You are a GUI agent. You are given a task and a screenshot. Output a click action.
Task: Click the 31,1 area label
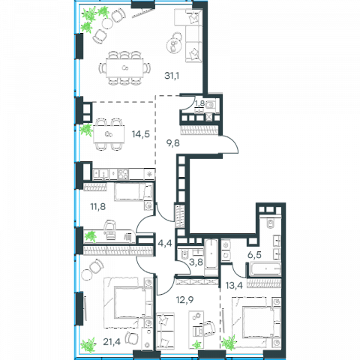pyautogui.click(x=172, y=76)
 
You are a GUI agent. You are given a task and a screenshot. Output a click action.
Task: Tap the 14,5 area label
pyautogui.click(x=141, y=134)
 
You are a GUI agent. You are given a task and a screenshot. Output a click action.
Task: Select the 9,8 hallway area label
pyautogui.click(x=173, y=143)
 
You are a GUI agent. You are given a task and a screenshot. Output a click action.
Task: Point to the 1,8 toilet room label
pyautogui.click(x=199, y=103)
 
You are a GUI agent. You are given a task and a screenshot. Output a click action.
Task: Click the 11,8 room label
pyautogui.click(x=98, y=207)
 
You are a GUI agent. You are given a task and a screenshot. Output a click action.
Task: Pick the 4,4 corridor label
pyautogui.click(x=165, y=243)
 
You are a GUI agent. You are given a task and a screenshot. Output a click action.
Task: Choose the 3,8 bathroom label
pyautogui.click(x=196, y=262)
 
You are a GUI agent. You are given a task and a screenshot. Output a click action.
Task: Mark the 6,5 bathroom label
pyautogui.click(x=254, y=255)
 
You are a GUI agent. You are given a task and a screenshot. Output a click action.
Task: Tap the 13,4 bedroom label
pyautogui.click(x=234, y=285)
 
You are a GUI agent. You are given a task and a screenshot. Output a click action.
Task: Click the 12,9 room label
pyautogui.click(x=184, y=299)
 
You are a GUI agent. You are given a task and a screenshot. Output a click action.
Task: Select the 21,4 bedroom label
pyautogui.click(x=112, y=341)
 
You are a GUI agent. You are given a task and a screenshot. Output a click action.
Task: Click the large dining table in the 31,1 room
pyautogui.click(x=124, y=68)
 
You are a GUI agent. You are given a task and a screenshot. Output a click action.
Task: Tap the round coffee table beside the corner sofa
pyautogui.click(x=174, y=45)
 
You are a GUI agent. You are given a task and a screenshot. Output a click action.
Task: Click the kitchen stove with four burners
pyautogui.click(x=123, y=174)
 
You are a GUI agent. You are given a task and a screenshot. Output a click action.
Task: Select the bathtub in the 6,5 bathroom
pyautogui.click(x=265, y=268)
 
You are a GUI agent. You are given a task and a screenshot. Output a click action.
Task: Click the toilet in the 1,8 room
pyautogui.click(x=211, y=105)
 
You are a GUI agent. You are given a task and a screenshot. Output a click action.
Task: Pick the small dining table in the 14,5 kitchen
pyautogui.click(x=109, y=134)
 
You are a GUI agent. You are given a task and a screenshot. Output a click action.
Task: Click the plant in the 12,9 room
pyautogui.click(x=197, y=344)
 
